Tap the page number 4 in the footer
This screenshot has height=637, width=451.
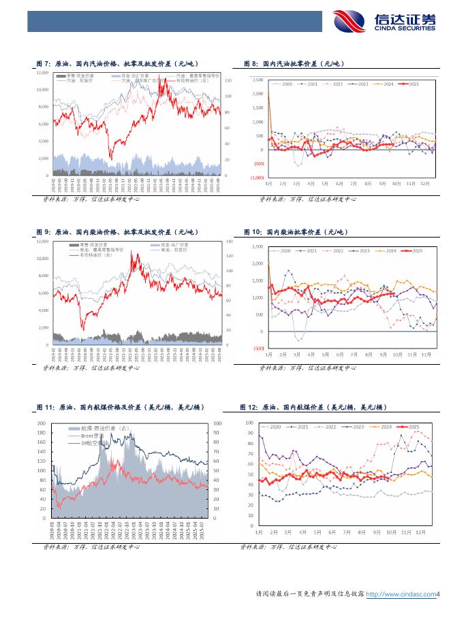[439, 594]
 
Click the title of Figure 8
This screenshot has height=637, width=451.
[294, 63]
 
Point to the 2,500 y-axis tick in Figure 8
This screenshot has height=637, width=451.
[257, 80]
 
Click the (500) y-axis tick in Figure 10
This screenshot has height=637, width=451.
[258, 348]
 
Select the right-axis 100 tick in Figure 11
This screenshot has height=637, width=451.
[218, 423]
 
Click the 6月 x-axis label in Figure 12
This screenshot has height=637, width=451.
[331, 534]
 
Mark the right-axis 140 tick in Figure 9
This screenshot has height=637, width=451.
[229, 242]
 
